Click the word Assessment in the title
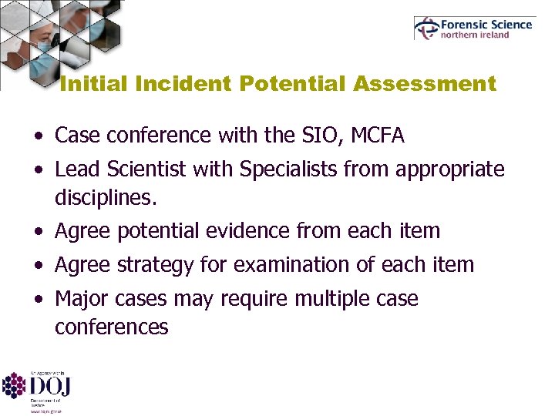coord(425,84)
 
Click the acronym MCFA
coord(377,136)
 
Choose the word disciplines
coord(106,198)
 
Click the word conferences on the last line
coord(111,327)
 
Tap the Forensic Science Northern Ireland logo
coord(474,29)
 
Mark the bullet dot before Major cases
coord(39,300)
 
